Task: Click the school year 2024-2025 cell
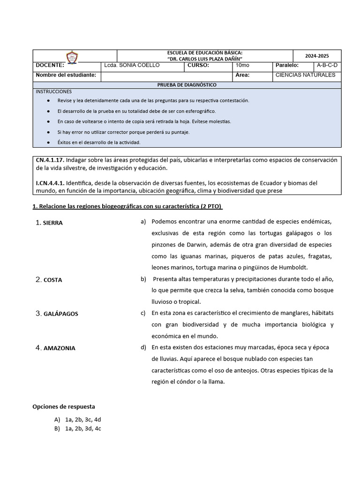tap(317, 56)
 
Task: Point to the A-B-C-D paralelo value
tap(327, 66)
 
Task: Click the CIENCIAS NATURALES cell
tap(305, 75)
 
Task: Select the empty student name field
tap(166, 75)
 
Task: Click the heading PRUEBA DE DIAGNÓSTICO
tap(187, 85)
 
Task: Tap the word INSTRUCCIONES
tap(54, 91)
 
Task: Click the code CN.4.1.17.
tap(50, 160)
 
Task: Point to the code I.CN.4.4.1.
tap(50, 183)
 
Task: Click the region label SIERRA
tap(52, 223)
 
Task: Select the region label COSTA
tap(52, 280)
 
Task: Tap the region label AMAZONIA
tap(59, 348)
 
